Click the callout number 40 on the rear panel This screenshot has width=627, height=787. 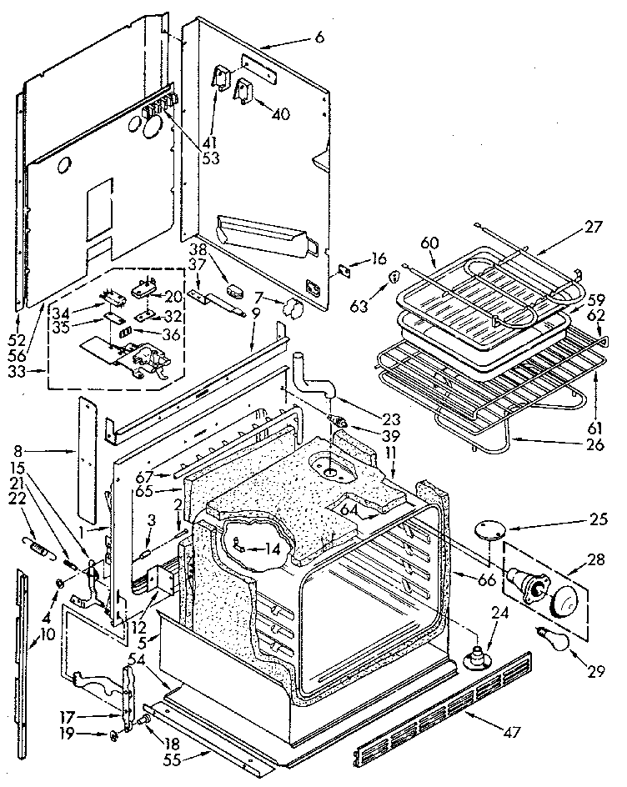tap(280, 114)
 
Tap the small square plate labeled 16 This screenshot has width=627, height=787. tap(343, 270)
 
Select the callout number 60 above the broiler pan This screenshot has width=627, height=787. tap(429, 243)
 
